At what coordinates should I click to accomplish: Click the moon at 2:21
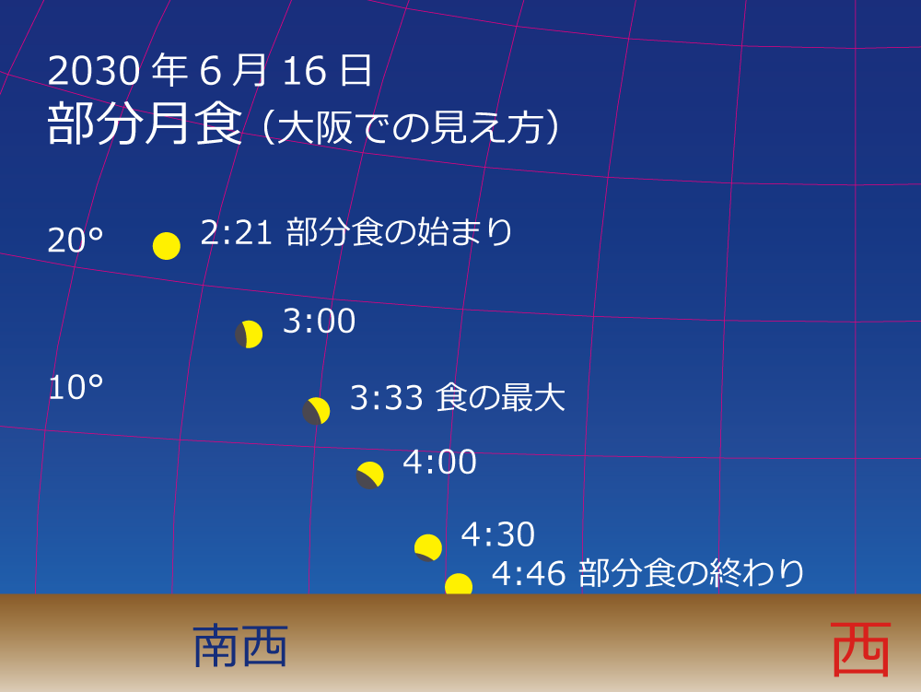coord(167,246)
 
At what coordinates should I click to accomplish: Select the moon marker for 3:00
coord(249,334)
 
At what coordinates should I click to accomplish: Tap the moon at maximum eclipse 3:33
coord(317,411)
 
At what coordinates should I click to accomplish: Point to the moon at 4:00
coord(370,475)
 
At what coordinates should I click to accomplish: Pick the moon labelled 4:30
coord(428,547)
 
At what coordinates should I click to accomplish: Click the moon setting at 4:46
coord(459,584)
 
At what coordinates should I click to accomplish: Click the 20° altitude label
coord(76,240)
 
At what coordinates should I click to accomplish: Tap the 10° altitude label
coord(76,388)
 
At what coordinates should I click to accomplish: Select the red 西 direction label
coord(861,650)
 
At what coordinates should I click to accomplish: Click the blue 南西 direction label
coord(241,647)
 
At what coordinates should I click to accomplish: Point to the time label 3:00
coord(319,322)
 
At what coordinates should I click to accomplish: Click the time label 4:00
coord(440,463)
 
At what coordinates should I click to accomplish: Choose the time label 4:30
coord(498,534)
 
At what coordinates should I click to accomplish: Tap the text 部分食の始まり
coord(399,232)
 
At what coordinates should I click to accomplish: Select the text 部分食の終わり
coord(692,573)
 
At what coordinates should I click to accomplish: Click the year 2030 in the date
coord(93,72)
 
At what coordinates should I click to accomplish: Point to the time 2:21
coord(236,232)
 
